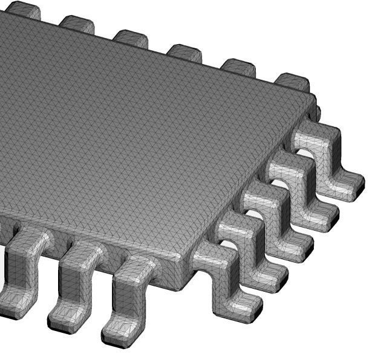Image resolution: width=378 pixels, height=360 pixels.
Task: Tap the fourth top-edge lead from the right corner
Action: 131,37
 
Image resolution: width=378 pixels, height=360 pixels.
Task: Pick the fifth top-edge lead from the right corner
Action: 77,24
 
